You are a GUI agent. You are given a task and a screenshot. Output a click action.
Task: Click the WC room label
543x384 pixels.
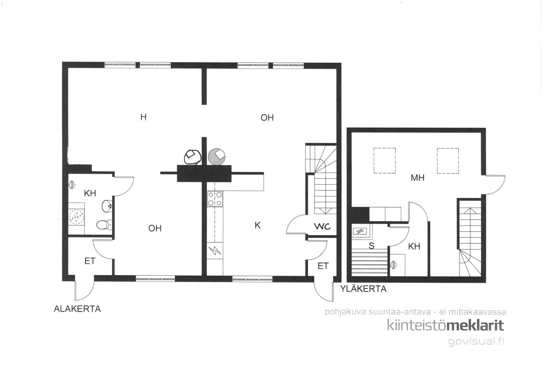point(322,226)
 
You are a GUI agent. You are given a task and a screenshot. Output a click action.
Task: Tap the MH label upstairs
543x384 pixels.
point(417,178)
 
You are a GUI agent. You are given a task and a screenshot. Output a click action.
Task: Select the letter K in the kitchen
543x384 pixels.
point(258,225)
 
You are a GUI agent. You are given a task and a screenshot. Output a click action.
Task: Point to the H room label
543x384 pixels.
point(144,117)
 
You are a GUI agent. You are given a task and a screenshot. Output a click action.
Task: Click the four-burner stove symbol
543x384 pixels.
point(215,199)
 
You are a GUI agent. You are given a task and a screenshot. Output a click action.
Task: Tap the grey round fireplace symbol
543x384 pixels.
point(217,157)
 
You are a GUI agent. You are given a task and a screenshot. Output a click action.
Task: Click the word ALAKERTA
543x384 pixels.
point(77,309)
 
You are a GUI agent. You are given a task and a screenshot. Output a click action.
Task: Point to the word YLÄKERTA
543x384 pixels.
point(363,289)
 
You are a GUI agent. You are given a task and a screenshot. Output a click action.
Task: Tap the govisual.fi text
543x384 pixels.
point(476,341)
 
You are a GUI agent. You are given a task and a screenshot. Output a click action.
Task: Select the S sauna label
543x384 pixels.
point(371,246)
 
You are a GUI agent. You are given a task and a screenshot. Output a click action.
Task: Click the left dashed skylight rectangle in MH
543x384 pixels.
point(385,161)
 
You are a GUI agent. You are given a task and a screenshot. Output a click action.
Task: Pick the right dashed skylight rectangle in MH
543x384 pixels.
point(448,161)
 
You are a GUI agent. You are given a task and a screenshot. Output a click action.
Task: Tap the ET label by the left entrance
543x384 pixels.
point(90,261)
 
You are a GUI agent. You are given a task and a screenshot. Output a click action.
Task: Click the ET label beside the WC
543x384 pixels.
point(323,266)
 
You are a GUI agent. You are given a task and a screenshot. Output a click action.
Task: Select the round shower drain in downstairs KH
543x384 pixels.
point(77,216)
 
